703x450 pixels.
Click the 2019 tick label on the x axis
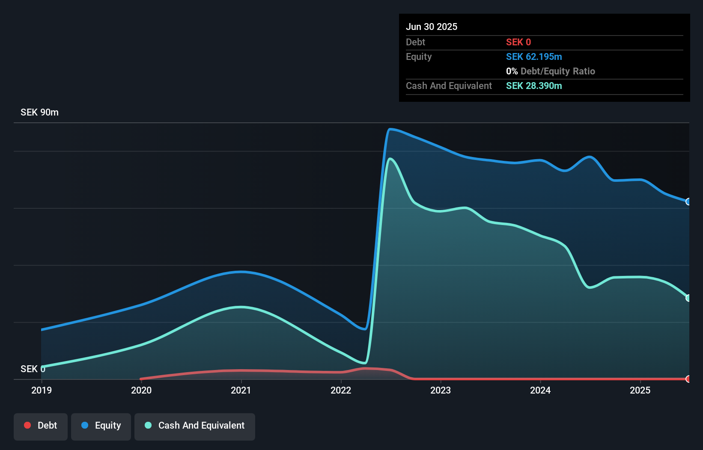point(42,390)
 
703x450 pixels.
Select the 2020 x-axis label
point(141,390)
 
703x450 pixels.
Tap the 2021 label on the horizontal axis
point(241,390)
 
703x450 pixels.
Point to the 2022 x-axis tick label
point(341,390)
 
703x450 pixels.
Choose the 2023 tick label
point(441,390)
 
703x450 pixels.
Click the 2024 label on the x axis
point(540,390)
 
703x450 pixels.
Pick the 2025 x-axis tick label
point(640,390)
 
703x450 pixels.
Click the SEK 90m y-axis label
point(39,112)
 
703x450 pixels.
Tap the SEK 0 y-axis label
point(33,369)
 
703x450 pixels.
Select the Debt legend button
point(41,426)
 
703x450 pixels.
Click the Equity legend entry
point(101,426)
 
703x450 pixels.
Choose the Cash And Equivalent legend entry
point(195,426)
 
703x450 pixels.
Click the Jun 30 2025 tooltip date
point(432,27)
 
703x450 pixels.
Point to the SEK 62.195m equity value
point(534,56)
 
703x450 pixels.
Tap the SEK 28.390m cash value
point(534,86)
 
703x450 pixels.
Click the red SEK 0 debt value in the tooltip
point(518,42)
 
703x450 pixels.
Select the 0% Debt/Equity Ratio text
point(551,71)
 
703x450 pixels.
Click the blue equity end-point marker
point(688,201)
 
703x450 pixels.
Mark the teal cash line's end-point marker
point(688,298)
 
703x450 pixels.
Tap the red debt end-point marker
point(688,379)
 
